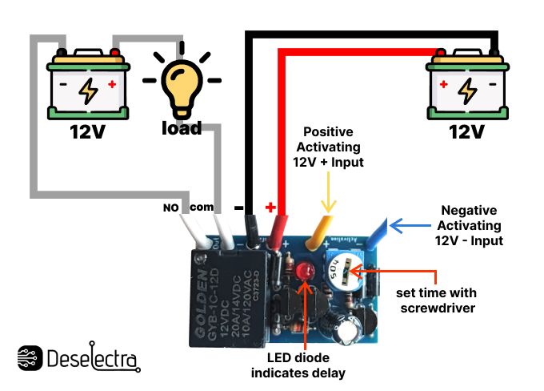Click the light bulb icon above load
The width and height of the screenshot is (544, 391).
(181, 85)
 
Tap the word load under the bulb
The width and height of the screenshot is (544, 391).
(181, 128)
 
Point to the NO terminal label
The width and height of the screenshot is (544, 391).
(171, 208)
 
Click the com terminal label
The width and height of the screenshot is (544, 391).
(202, 207)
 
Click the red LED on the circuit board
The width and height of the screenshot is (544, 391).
(305, 275)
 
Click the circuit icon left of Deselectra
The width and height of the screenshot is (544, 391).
(29, 358)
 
